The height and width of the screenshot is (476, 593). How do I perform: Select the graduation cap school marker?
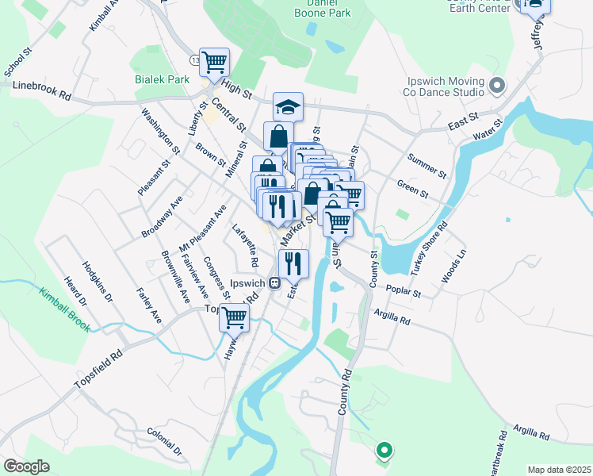289,106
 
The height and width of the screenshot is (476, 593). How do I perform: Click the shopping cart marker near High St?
214,61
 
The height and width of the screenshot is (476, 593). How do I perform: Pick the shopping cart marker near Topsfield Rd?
235,317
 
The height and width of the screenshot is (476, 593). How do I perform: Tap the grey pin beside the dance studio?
497,84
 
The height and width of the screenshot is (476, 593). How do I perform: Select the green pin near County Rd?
384,451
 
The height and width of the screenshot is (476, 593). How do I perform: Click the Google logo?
26,466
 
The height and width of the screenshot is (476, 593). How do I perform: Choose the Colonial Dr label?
165,443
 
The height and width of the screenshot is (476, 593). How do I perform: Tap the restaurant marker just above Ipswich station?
293,263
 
